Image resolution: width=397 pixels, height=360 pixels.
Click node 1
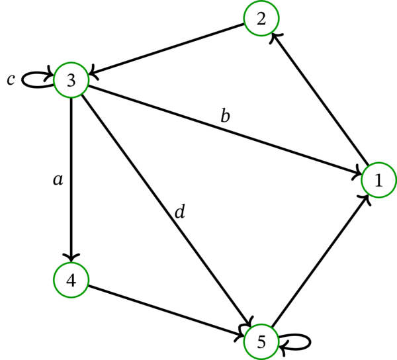[378, 179]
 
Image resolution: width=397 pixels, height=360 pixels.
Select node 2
[261, 19]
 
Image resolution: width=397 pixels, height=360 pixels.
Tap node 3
[71, 80]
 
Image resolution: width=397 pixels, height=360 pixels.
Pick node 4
[71, 279]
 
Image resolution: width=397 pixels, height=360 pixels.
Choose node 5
[261, 341]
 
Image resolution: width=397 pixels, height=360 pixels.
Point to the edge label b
[225, 116]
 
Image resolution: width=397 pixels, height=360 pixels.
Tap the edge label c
[11, 79]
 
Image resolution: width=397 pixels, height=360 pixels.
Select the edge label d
[179, 212]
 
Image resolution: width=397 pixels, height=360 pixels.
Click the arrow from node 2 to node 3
[165, 50]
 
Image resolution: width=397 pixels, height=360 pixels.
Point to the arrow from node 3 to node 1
[225, 130]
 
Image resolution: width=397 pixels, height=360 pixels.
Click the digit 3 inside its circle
[71, 80]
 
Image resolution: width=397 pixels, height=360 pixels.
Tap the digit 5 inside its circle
[261, 341]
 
